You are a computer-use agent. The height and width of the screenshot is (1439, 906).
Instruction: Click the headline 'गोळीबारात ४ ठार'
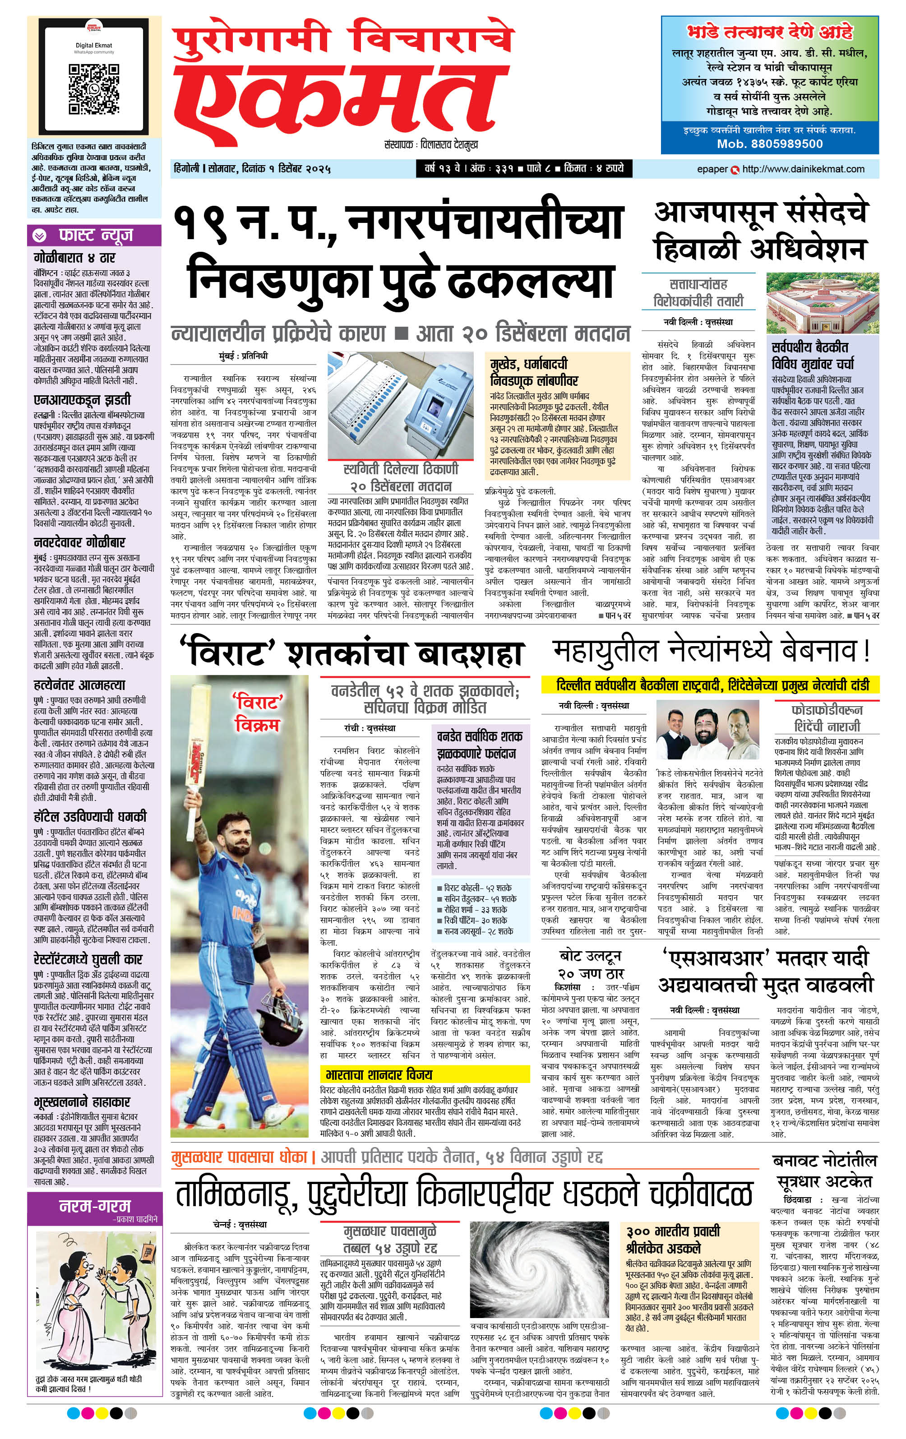tap(74, 258)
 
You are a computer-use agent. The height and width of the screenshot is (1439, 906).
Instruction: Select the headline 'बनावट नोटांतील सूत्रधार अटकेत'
tap(824, 1171)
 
